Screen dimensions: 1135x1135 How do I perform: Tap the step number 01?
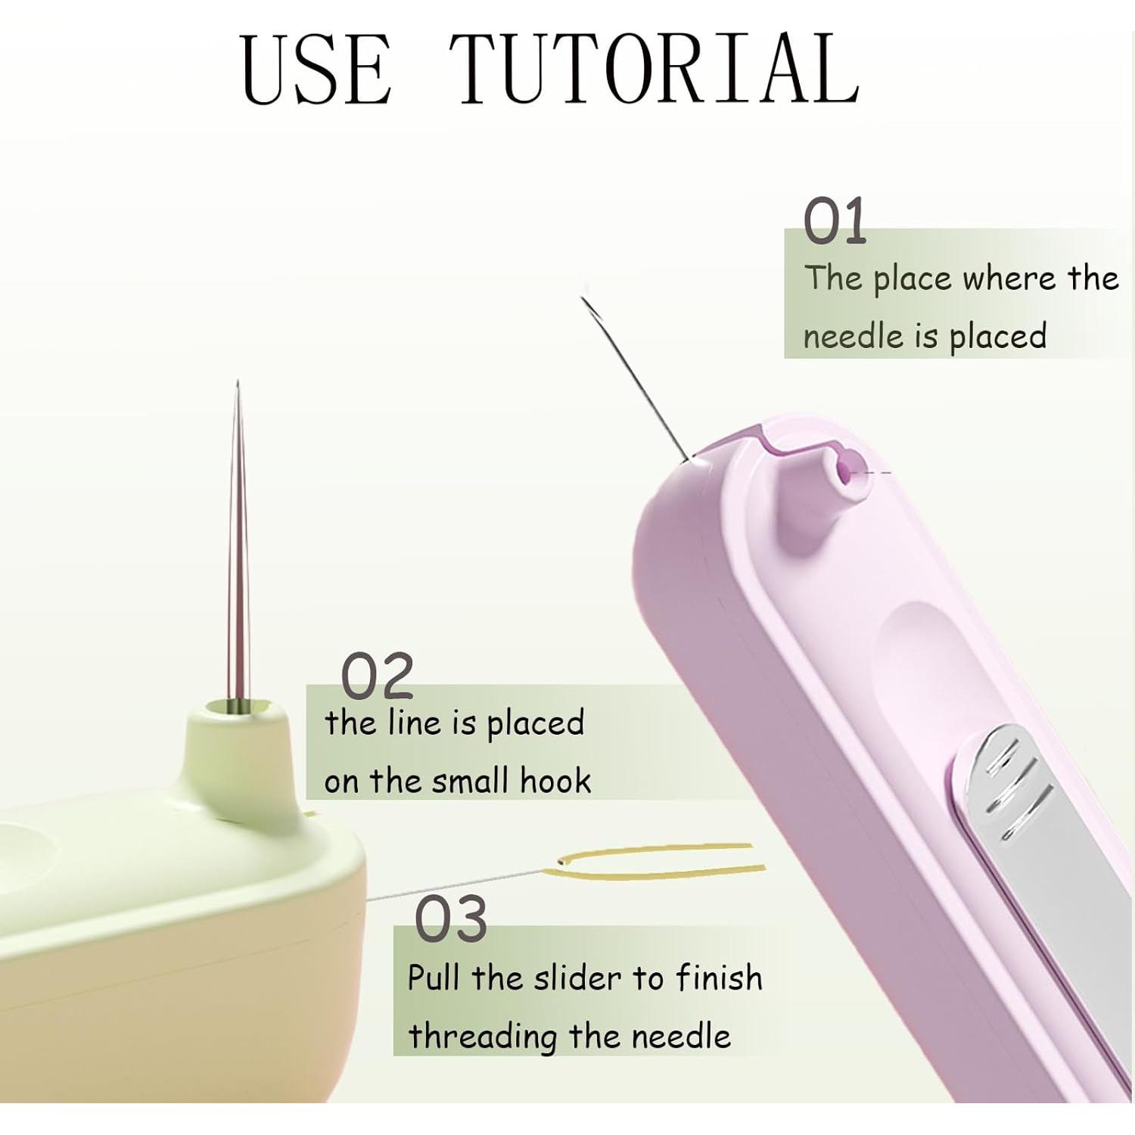tap(835, 222)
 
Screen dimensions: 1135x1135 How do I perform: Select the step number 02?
tap(377, 676)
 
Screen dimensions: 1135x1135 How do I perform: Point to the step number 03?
tap(451, 919)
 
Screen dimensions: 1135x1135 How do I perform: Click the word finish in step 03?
tap(718, 978)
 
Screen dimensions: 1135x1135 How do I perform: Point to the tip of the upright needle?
tap(238, 384)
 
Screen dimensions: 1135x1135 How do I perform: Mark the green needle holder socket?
tap(236, 708)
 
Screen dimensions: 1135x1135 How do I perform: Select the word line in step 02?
tap(412, 723)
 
